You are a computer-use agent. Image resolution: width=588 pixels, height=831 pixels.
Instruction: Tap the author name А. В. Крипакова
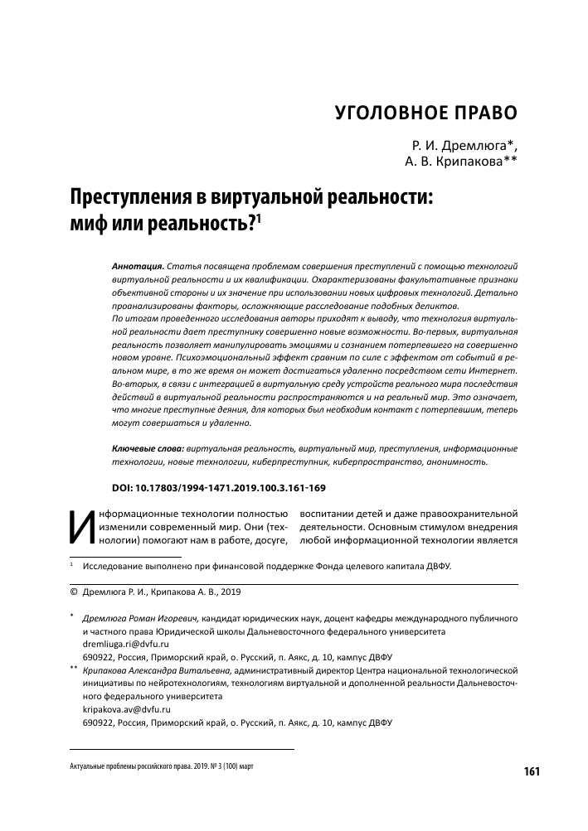point(455,162)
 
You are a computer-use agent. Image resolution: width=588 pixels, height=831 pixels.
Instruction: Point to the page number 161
point(532,772)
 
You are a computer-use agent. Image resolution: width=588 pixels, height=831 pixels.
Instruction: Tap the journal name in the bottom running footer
point(161,767)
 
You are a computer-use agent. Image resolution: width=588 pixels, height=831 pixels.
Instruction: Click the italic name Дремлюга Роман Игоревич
point(141,618)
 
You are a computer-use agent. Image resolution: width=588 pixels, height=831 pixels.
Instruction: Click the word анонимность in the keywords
point(459,461)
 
